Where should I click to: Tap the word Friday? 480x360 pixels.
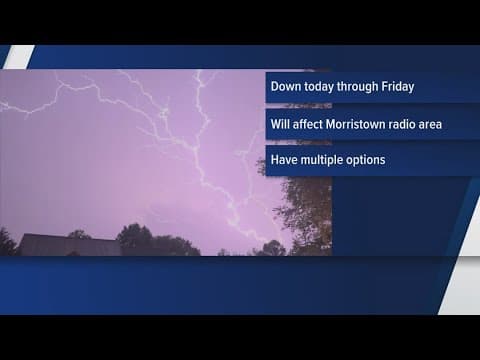coord(395,86)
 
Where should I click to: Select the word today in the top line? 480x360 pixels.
coord(323,86)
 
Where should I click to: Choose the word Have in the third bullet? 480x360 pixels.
coord(284,159)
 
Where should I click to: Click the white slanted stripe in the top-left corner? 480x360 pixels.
coord(18,56)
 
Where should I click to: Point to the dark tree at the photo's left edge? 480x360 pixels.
coord(6,243)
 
